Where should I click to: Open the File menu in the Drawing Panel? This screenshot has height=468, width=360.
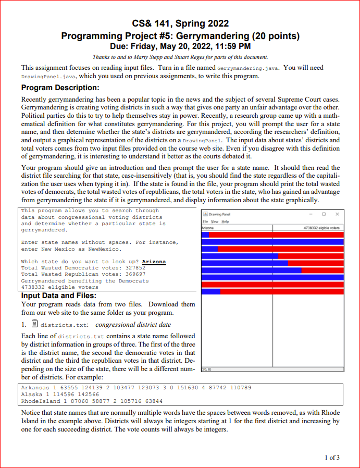205,221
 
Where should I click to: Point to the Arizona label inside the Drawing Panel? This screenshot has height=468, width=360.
207,227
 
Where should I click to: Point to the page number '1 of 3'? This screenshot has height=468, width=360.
331,458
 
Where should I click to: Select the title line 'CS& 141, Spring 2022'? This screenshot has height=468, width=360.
180,23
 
